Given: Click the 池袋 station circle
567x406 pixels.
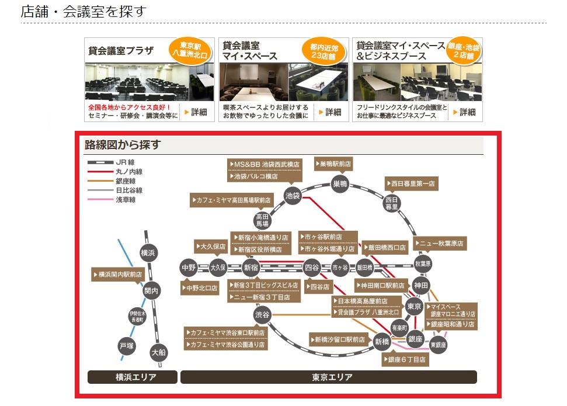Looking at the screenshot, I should click(x=293, y=195).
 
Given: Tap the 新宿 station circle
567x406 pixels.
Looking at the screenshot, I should click(x=251, y=268).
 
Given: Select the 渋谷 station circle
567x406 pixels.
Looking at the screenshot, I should click(x=263, y=315).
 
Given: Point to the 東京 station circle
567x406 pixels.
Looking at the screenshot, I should click(x=414, y=307).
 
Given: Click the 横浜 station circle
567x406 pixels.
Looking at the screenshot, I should click(x=148, y=253).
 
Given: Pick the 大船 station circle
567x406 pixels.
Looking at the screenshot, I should click(x=158, y=352).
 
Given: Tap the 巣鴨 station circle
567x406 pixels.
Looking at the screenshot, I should click(x=340, y=184).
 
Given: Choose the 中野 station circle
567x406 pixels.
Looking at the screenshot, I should click(x=189, y=268).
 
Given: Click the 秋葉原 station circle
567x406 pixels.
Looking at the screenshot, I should click(x=423, y=263).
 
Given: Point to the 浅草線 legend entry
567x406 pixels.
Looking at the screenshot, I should click(x=126, y=200).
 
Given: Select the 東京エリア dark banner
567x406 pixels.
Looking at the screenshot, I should click(x=329, y=377).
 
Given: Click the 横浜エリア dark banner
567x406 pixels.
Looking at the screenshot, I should click(x=132, y=377).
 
